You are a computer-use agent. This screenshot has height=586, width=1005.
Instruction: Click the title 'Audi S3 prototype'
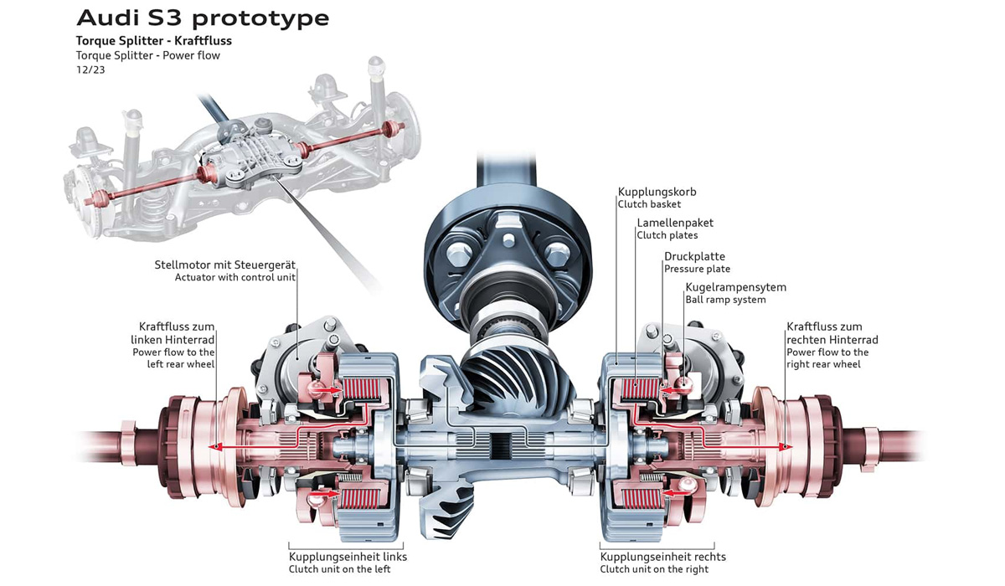pos(203,18)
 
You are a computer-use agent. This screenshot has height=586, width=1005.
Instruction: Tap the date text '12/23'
pos(88,70)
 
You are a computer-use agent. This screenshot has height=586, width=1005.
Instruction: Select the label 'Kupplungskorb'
pos(657,192)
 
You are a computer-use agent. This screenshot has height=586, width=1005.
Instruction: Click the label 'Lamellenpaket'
pos(675,224)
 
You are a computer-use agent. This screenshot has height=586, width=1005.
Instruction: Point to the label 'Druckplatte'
pos(694,256)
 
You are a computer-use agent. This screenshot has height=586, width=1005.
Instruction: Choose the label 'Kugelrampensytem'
pos(735,287)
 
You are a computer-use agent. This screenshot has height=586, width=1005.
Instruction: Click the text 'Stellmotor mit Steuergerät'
pos(225,265)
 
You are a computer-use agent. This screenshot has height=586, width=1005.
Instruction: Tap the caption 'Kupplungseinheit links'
pos(348,557)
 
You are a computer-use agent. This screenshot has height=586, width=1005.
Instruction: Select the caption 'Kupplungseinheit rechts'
pos(662,557)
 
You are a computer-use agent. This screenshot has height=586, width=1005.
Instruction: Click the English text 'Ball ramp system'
pos(725,300)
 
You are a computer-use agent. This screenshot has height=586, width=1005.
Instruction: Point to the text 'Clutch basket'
pos(649,204)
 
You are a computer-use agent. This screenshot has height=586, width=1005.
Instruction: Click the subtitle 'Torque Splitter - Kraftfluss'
pos(153,40)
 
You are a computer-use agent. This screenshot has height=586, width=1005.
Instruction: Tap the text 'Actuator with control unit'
pos(235,277)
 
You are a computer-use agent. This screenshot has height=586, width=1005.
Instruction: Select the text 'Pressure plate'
pos(697,269)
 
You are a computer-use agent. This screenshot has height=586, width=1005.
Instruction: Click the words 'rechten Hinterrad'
pos(832,340)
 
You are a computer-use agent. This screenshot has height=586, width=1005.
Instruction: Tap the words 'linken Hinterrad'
pos(173,340)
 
